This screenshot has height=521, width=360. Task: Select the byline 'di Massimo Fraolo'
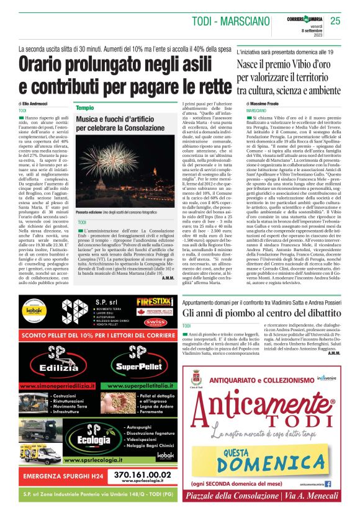tap(263, 104)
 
